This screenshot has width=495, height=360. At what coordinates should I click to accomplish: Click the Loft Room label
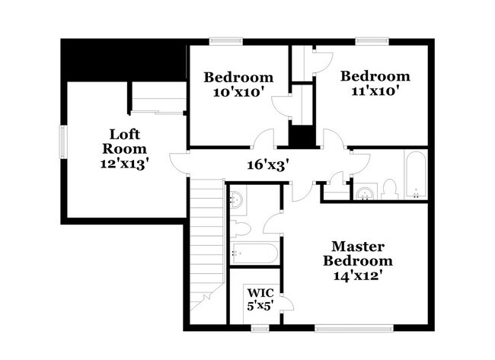(124, 142)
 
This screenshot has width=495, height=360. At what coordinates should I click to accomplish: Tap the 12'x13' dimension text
(124, 164)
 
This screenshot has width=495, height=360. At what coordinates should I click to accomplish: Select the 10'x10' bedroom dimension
(238, 92)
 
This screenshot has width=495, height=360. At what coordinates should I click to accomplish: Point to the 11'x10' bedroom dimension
(375, 91)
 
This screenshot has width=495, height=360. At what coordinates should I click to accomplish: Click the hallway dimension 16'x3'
(268, 164)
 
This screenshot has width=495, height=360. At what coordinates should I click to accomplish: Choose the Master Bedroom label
(358, 253)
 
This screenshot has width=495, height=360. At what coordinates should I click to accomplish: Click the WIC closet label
(260, 293)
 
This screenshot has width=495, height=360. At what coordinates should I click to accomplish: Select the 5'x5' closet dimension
(260, 306)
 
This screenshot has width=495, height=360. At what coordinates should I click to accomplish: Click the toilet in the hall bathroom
(389, 189)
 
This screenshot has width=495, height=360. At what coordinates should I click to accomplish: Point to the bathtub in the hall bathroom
(416, 175)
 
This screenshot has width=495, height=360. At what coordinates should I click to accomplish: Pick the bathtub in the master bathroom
(254, 253)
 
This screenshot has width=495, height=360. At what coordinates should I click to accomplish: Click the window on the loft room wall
(63, 142)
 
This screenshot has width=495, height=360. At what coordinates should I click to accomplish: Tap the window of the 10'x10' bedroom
(225, 41)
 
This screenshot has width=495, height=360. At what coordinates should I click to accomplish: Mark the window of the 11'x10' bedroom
(372, 41)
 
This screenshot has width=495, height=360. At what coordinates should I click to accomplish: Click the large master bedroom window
(354, 328)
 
